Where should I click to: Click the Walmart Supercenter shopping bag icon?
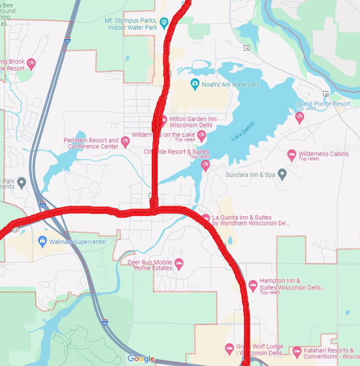(42, 241)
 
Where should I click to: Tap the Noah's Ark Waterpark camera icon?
(195, 83)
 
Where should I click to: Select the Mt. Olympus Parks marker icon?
(164, 22)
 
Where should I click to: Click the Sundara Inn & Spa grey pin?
(282, 174)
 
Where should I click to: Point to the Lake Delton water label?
(243, 131)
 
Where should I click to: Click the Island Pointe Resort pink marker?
(299, 117)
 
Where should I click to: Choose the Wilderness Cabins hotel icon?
(292, 154)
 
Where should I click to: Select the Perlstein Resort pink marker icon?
(125, 142)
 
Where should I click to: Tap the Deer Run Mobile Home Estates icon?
(178, 263)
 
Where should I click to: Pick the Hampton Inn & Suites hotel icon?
(253, 285)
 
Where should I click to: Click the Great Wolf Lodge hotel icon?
(229, 348)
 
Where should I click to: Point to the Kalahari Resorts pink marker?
(296, 351)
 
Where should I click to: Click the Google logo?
(141, 359)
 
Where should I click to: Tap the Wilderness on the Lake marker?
(201, 136)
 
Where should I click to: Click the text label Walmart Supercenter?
(78, 242)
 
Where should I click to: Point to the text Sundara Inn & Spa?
(250, 175)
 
